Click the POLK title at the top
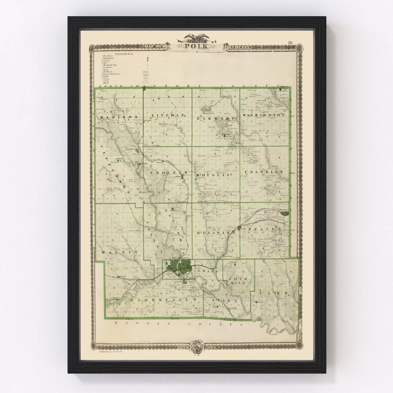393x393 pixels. [196, 47]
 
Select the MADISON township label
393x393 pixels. [120, 117]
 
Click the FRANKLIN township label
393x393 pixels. [263, 171]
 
